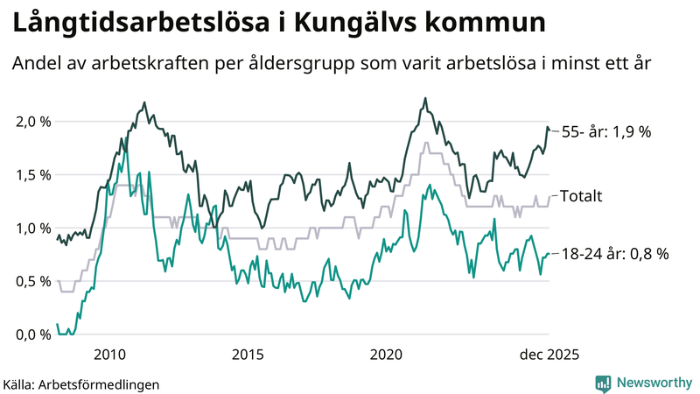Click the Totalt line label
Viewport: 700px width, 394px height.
click(581, 196)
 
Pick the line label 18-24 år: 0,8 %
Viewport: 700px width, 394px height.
click(613, 254)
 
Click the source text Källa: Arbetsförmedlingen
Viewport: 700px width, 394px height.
click(81, 383)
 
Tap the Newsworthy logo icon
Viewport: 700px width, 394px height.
click(603, 383)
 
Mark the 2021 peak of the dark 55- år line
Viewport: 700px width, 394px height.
click(425, 98)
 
